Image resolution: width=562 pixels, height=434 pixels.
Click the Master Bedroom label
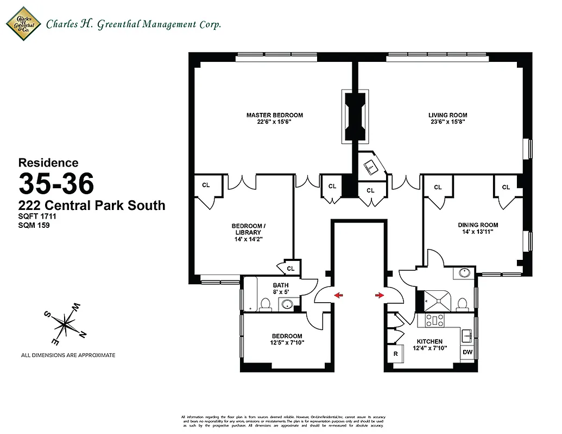[274, 115]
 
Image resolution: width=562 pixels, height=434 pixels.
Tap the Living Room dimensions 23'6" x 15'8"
[447, 123]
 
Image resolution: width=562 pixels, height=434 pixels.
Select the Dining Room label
[478, 225]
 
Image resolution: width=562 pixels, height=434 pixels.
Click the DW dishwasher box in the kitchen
[467, 352]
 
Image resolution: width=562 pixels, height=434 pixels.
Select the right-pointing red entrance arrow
[378, 295]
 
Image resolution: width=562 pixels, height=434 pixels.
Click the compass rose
[66, 324]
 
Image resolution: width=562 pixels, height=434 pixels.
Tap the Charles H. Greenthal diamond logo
[23, 24]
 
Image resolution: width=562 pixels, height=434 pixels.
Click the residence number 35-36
[56, 184]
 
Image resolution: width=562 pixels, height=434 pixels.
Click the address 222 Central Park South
[92, 206]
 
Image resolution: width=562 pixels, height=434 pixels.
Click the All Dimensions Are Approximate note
[68, 355]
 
